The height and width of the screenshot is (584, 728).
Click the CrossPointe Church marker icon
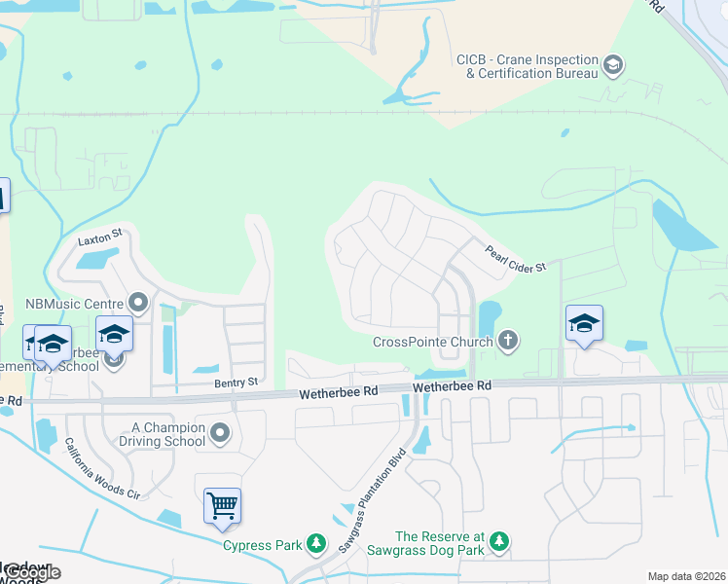506,341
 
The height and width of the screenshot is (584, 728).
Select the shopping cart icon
222,505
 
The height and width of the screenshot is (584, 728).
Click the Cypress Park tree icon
315,543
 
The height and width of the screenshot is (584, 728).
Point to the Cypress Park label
263,545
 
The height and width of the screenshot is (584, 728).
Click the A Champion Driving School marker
220,433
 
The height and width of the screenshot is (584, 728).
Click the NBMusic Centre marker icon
138,303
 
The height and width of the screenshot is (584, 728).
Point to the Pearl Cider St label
516,258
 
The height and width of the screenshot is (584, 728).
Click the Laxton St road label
99,236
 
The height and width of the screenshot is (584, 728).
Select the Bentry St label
237,383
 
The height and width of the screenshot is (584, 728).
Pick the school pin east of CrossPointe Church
584,323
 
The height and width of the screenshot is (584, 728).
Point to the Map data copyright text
686,576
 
